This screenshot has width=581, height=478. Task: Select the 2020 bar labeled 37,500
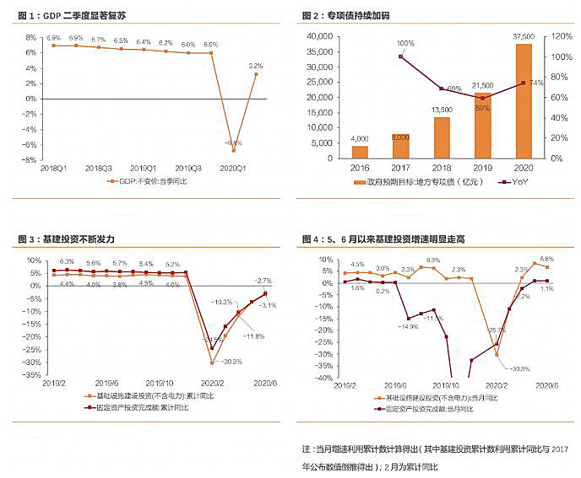[524, 101]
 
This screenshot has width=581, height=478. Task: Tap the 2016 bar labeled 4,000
[361, 152]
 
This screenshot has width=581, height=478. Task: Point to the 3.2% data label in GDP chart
[256, 65]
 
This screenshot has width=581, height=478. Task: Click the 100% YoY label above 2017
[405, 43]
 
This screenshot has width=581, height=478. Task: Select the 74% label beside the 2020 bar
[534, 83]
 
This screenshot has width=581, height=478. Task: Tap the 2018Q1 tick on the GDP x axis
[53, 168]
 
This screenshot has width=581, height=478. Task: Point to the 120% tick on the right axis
[559, 37]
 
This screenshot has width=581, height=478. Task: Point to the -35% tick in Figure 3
[31, 375]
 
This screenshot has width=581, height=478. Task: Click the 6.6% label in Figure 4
[546, 259]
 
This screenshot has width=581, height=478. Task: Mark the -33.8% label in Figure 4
[520, 368]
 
